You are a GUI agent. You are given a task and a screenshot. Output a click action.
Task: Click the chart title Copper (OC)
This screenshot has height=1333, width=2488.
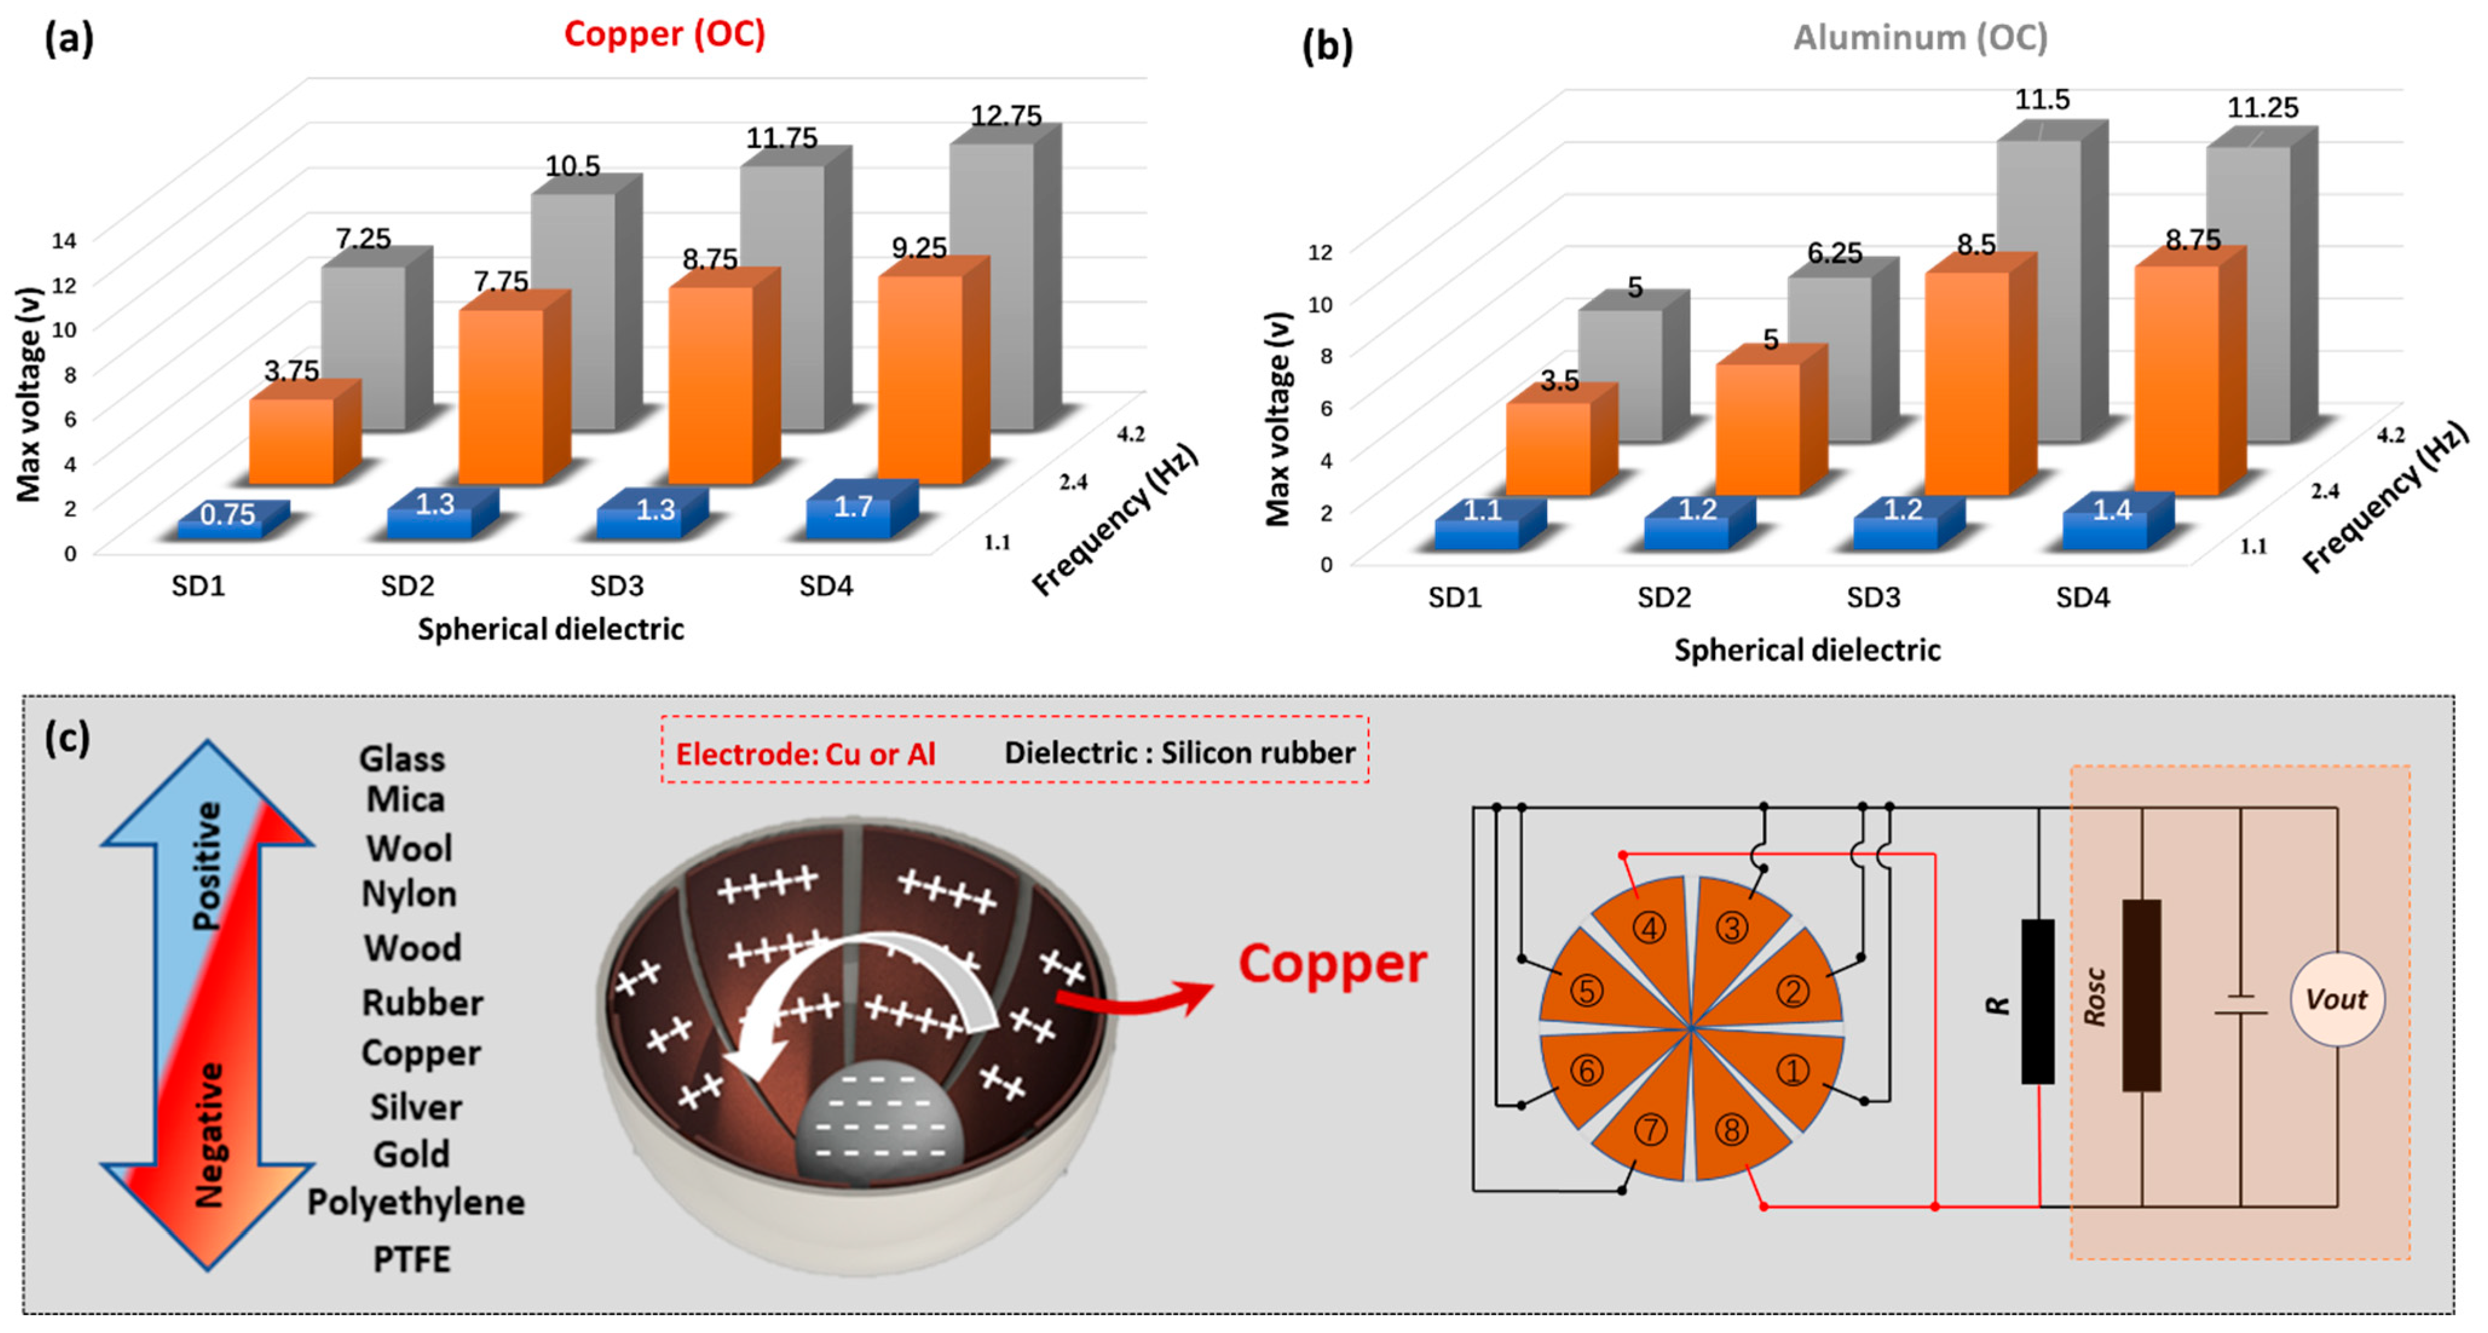tap(665, 34)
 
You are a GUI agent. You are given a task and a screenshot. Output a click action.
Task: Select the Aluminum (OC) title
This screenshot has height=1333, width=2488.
tap(1920, 37)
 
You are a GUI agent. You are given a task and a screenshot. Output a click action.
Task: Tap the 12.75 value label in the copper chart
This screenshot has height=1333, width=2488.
tap(1006, 116)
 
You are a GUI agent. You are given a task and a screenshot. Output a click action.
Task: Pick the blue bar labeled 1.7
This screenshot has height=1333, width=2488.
tap(854, 509)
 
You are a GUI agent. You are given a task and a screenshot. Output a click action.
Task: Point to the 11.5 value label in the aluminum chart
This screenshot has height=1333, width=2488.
tap(2042, 100)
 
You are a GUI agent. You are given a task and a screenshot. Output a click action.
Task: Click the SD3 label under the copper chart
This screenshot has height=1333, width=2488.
tap(616, 586)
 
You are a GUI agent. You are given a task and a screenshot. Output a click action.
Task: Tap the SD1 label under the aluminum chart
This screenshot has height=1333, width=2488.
tap(1454, 598)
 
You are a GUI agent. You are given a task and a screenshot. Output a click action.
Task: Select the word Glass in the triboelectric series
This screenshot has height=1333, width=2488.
tap(402, 759)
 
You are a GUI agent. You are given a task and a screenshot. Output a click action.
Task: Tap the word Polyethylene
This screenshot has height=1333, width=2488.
tap(416, 1202)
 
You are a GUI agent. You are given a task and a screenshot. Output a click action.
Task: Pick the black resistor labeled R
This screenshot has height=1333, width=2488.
tap(2038, 1001)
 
